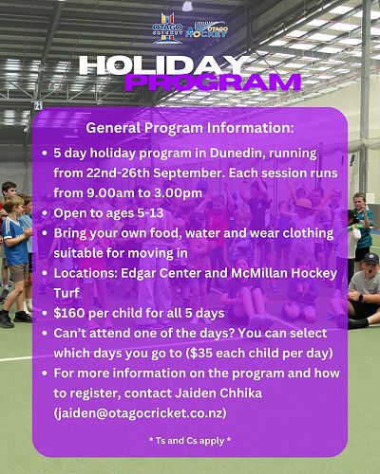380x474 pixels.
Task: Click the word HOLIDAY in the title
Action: (162, 65)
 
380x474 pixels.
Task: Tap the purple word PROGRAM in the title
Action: (213, 82)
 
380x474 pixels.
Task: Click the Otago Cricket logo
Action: (167, 28)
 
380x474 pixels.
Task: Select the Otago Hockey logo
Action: (206, 30)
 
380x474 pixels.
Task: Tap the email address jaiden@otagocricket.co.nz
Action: (141, 413)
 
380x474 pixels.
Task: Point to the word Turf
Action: (66, 293)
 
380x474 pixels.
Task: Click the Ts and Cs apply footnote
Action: (190, 441)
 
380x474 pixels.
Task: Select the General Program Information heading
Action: (190, 128)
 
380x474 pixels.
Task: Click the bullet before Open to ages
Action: (45, 213)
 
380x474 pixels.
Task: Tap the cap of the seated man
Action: (370, 259)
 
